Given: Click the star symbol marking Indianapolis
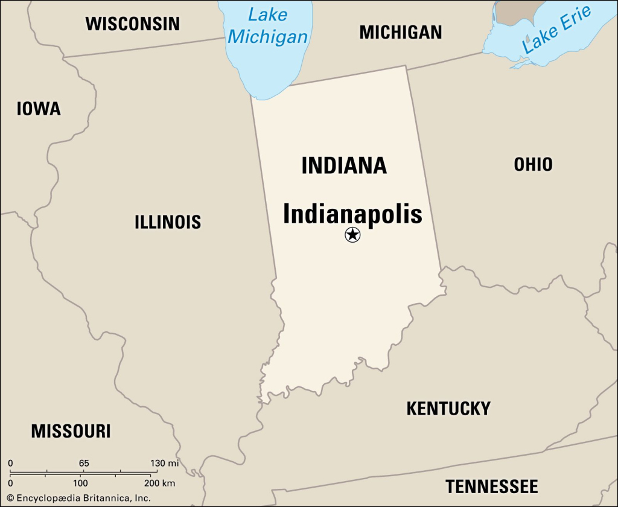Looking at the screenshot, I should tap(352, 235).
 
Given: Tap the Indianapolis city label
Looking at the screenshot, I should tap(352, 214).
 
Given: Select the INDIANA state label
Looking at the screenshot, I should tap(344, 165).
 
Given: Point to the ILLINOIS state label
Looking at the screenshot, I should tap(167, 222).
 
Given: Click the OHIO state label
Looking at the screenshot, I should tap(533, 164).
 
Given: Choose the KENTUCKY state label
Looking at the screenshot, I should tap(448, 409).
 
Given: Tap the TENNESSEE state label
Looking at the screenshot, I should tap(491, 486).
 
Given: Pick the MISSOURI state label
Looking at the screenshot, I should tap(71, 431).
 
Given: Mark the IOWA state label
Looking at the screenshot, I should tap(39, 109).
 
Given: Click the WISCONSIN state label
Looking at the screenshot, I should tap(132, 24).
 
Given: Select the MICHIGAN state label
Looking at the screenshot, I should tap(401, 32).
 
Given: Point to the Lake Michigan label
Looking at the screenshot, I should tap(267, 25).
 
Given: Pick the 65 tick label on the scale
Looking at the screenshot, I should tap(83, 463).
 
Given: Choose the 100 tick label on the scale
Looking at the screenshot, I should tap(80, 483).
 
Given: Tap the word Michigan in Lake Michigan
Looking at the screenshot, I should tap(267, 36).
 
